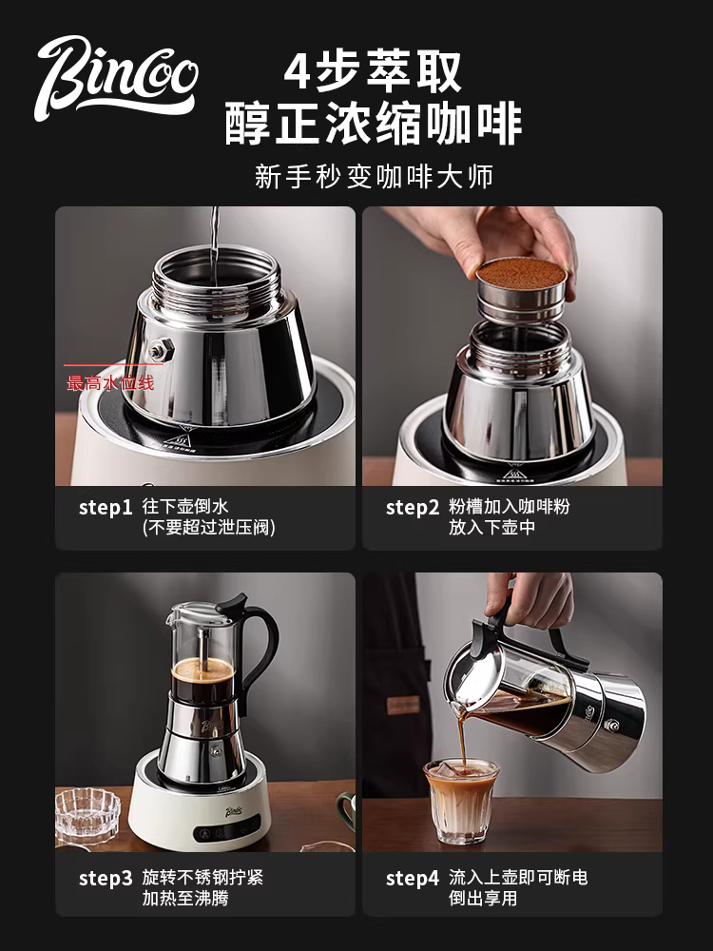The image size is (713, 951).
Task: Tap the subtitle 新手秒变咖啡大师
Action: tap(374, 176)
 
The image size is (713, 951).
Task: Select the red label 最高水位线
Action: tap(110, 383)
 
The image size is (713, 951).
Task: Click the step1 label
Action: tap(105, 507)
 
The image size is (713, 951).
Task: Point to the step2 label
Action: tap(413, 507)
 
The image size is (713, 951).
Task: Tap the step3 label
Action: tap(105, 878)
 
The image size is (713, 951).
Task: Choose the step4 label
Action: tap(413, 878)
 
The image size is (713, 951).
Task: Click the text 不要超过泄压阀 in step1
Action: tap(208, 527)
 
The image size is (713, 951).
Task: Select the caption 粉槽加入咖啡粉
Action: tap(509, 506)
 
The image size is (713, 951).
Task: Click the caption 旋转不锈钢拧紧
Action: tap(202, 877)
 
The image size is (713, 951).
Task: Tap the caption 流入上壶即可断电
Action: tap(518, 877)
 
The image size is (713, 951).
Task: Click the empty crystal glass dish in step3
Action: tap(87, 813)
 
